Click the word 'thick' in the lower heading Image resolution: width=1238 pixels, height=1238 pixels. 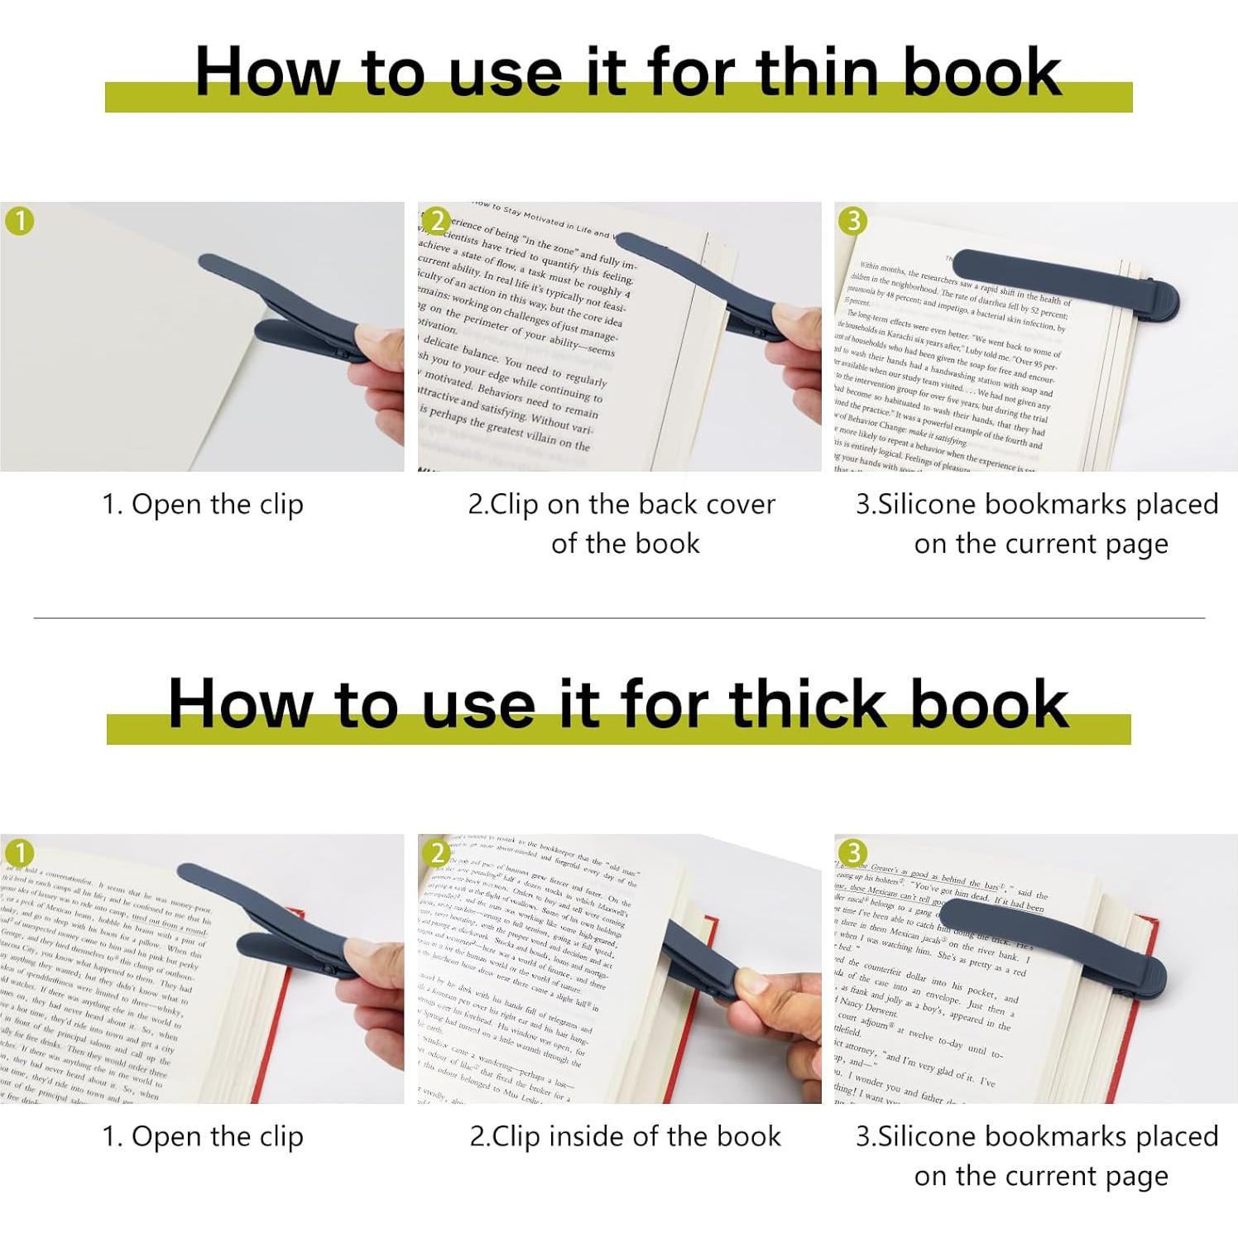(x=809, y=704)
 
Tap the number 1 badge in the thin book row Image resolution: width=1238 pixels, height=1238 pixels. (x=20, y=222)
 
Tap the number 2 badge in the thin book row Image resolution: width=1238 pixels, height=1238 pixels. (x=438, y=222)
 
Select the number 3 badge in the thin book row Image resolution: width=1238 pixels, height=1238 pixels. (x=853, y=221)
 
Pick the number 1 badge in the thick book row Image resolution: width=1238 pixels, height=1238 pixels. (x=20, y=853)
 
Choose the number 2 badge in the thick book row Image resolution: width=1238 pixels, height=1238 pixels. (x=438, y=853)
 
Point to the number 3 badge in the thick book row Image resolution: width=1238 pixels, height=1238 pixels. (x=853, y=852)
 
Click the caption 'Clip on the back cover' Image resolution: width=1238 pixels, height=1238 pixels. (x=621, y=505)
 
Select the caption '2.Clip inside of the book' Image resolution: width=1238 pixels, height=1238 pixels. (x=625, y=1137)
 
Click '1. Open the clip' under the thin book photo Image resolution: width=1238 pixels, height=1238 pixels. (x=203, y=505)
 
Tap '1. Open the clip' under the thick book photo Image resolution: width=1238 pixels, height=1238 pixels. (x=203, y=1137)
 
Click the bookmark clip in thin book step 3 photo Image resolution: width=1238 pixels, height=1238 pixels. (x=1068, y=281)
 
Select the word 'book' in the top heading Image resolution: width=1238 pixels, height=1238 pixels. (x=981, y=72)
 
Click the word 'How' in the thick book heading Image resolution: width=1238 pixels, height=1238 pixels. (x=240, y=704)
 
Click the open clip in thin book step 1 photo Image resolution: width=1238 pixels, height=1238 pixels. (x=281, y=310)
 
